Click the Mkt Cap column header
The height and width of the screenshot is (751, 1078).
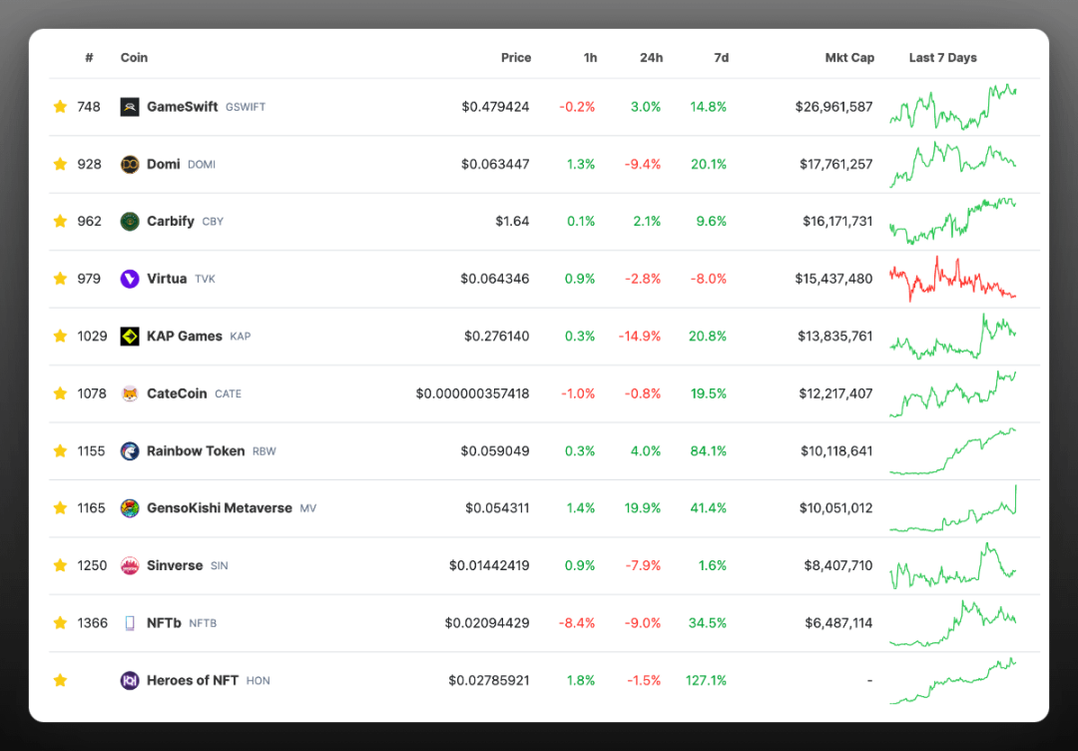pyautogui.click(x=849, y=58)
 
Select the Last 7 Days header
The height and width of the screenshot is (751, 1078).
pyautogui.click(x=942, y=58)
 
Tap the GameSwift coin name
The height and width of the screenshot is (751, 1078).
pyautogui.click(x=182, y=107)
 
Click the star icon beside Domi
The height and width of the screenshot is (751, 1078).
pyautogui.click(x=60, y=164)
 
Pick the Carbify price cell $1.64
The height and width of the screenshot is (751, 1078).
pyautogui.click(x=512, y=221)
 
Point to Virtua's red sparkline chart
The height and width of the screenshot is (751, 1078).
pyautogui.click(x=952, y=279)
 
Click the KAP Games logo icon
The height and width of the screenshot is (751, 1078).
pyautogui.click(x=130, y=337)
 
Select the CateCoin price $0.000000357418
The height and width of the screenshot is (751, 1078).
pyautogui.click(x=472, y=393)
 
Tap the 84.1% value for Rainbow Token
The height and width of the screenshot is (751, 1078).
pyautogui.click(x=708, y=450)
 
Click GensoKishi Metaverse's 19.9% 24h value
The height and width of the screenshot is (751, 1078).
pyautogui.click(x=642, y=508)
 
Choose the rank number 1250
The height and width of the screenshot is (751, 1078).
pyautogui.click(x=92, y=565)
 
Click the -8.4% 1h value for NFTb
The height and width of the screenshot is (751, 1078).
pyautogui.click(x=577, y=623)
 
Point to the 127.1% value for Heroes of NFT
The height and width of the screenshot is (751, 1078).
pyautogui.click(x=706, y=680)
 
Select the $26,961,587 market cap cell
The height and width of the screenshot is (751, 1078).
pyautogui.click(x=833, y=107)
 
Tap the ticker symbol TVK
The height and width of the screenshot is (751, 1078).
pyautogui.click(x=205, y=280)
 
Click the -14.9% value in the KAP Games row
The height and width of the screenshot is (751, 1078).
pyautogui.click(x=639, y=337)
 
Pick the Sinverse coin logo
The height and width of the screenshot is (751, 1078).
pyautogui.click(x=130, y=565)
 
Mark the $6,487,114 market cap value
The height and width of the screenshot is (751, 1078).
pyautogui.click(x=838, y=623)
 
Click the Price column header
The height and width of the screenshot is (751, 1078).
pyautogui.click(x=516, y=58)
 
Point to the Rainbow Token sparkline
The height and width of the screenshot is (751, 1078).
pyautogui.click(x=952, y=451)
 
